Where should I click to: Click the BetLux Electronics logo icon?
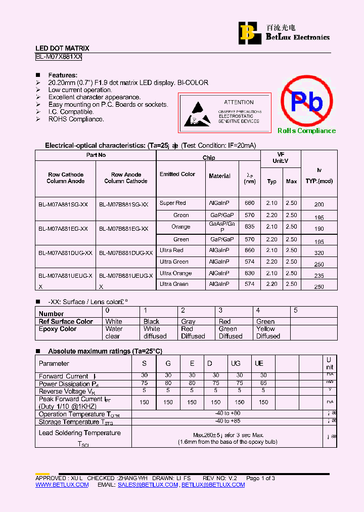pos(248,32)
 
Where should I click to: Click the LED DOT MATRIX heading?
pos(62,49)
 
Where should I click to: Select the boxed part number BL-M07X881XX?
pos(59,57)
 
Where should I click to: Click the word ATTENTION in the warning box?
pos(239,102)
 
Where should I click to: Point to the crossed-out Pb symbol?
pos(307,102)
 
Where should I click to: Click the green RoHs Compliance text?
pos(306,131)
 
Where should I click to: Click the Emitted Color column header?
pos(177,174)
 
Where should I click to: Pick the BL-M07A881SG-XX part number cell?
pos(63,204)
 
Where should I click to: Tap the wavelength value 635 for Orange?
pos(250,227)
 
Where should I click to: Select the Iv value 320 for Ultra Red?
pos(318,253)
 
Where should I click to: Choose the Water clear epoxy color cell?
pos(114,332)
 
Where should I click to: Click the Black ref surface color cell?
pos(151,321)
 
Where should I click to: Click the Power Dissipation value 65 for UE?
pos(263,383)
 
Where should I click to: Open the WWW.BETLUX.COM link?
pos(62,485)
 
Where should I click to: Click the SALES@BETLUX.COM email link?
pos(148,485)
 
